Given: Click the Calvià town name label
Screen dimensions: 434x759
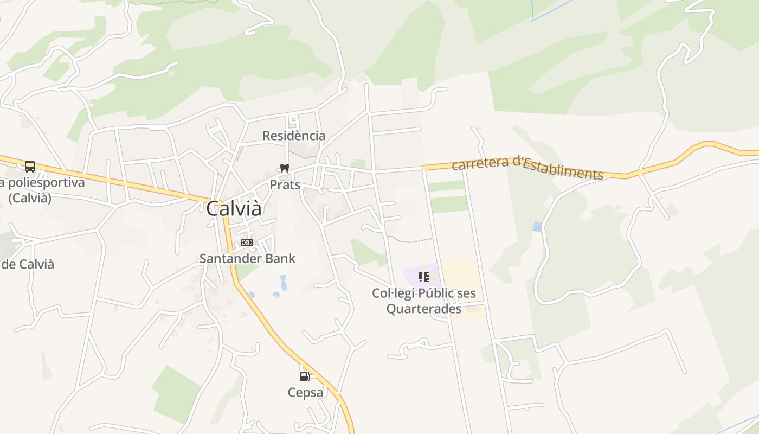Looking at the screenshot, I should click(x=234, y=208).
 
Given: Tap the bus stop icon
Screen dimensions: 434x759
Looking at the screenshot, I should click(x=30, y=167).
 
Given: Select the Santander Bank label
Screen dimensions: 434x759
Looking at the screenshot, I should click(x=247, y=258).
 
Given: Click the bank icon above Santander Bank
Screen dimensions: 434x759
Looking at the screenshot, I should click(x=247, y=242).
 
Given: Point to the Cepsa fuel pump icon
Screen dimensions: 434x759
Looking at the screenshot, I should click(x=305, y=376).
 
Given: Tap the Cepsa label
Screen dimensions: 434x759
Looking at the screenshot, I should click(x=305, y=392).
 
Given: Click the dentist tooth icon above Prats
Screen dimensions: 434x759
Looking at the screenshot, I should click(x=284, y=169).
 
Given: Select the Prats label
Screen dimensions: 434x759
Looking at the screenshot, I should click(x=285, y=185).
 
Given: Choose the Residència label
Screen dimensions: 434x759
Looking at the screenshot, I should click(x=294, y=136).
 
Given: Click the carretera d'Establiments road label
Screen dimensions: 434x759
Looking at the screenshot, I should click(x=527, y=168).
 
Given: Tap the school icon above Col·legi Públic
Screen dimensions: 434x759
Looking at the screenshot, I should click(x=424, y=278).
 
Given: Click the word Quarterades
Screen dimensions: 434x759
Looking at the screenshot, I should click(x=424, y=309).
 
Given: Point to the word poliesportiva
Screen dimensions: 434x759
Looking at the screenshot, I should click(x=48, y=182).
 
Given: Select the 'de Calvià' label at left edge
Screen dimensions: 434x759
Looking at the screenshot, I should click(x=28, y=264).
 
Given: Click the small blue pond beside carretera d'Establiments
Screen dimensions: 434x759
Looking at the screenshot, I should click(x=537, y=226).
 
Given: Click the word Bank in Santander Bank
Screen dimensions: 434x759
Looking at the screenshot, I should click(x=279, y=258).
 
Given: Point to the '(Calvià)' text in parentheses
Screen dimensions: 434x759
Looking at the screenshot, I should click(x=30, y=197).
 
